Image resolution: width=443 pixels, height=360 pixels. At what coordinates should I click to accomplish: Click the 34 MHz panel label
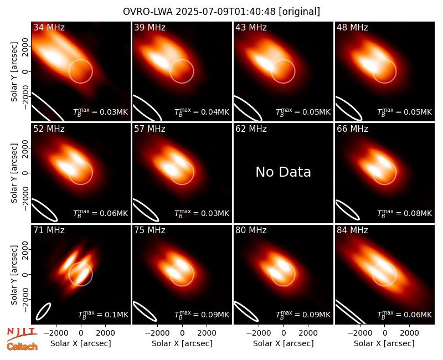coord(49,27)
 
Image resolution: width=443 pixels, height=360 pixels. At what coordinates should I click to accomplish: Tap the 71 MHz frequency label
coord(49,230)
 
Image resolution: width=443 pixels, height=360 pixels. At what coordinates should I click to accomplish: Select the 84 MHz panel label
coord(352,230)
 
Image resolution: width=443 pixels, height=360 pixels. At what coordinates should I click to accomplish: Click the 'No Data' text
coord(283,172)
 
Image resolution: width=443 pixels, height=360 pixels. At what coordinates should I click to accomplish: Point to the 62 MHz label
coord(251,129)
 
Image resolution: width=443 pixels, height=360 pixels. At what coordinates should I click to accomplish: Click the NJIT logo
coord(22,334)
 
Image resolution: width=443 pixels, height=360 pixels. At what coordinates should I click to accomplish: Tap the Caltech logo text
coord(22,347)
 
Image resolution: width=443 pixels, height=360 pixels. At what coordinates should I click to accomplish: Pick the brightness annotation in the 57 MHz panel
coord(202,213)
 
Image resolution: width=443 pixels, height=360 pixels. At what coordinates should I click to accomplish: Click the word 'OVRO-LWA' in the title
coord(148,12)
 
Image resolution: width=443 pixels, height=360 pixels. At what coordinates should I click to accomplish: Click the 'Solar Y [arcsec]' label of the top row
coord(14,72)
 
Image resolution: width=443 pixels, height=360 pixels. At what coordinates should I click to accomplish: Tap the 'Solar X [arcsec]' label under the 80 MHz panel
coord(283,343)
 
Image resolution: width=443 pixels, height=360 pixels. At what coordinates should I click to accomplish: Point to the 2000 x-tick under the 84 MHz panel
coord(409,333)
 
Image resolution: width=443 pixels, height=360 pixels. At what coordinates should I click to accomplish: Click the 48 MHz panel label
coord(352,27)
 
